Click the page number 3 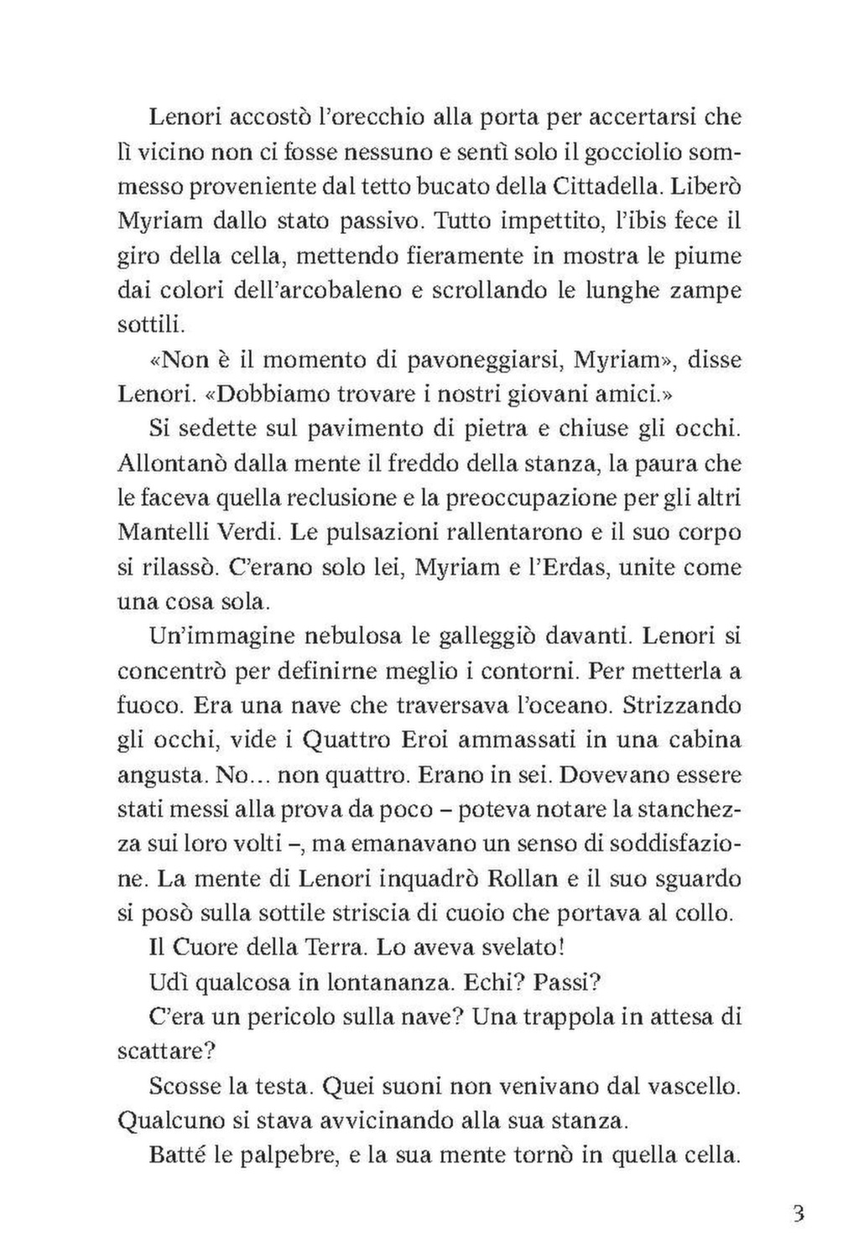click(x=798, y=1213)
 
